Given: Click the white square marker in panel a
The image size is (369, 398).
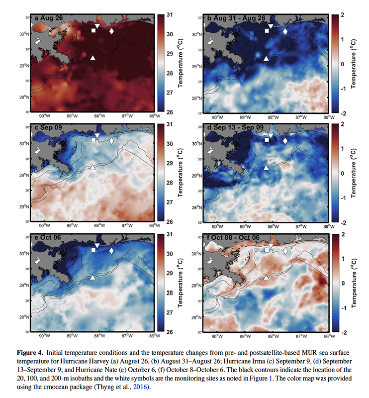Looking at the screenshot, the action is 93,30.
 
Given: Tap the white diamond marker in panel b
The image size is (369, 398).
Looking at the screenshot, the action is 285,31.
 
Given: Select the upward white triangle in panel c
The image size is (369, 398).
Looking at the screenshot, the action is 93,167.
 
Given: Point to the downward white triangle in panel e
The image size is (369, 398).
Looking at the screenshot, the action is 97,245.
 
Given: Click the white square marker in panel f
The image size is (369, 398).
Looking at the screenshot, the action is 267,250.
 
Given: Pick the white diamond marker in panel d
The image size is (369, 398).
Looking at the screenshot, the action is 285,141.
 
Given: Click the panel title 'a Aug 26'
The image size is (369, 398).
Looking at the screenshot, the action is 48,18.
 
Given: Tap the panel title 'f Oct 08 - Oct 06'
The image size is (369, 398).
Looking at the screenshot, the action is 233,238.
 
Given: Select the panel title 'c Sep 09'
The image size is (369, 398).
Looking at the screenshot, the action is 48,127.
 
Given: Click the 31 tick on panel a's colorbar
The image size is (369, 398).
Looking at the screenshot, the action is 170,15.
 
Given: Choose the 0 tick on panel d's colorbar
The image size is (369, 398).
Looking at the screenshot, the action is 343,173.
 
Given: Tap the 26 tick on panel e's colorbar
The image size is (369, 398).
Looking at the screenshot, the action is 170,332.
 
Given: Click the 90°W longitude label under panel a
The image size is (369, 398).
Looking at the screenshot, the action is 44,116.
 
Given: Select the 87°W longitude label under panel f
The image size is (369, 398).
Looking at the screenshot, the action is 301,336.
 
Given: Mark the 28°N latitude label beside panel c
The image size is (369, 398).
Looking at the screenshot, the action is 25,206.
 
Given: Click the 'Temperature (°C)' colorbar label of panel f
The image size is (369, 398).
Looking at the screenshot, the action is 354,283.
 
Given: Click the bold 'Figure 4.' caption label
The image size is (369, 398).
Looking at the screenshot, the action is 30,353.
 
